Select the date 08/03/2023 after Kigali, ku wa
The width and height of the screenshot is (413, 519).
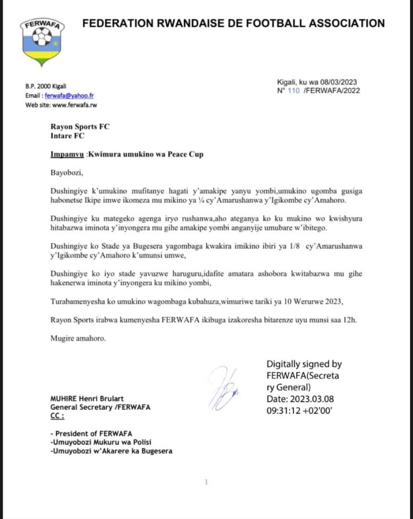pos(340,82)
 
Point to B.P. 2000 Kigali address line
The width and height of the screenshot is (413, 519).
pos(47,86)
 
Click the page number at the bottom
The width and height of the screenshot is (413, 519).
pos(206,482)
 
